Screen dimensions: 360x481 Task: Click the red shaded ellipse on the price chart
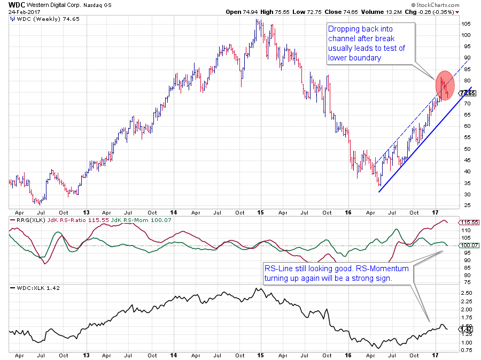tap(446, 85)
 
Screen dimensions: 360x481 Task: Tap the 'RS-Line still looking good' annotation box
tap(336, 273)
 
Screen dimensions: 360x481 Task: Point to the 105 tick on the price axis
tap(466, 24)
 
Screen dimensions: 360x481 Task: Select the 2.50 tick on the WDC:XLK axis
tap(466, 293)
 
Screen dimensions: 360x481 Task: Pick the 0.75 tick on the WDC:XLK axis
tap(466, 351)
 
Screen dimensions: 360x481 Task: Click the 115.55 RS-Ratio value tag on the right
tap(468, 221)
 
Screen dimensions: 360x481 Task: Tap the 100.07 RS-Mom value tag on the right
tap(468, 244)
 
